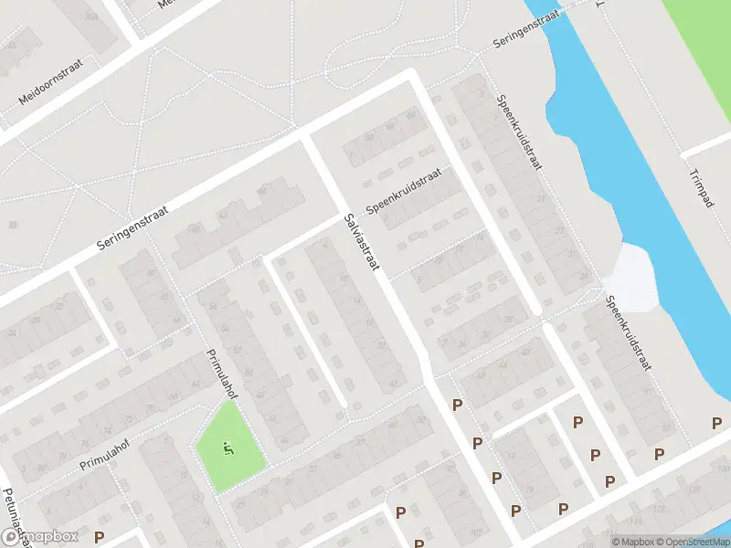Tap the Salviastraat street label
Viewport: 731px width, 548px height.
coord(363,244)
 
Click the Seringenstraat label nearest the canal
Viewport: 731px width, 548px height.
coord(525,30)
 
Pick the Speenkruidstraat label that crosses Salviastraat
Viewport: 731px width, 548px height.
coord(403,191)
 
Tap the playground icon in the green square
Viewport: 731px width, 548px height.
coord(228,448)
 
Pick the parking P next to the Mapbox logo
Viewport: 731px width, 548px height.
coord(100,537)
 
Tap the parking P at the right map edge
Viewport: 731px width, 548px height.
coord(716,423)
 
